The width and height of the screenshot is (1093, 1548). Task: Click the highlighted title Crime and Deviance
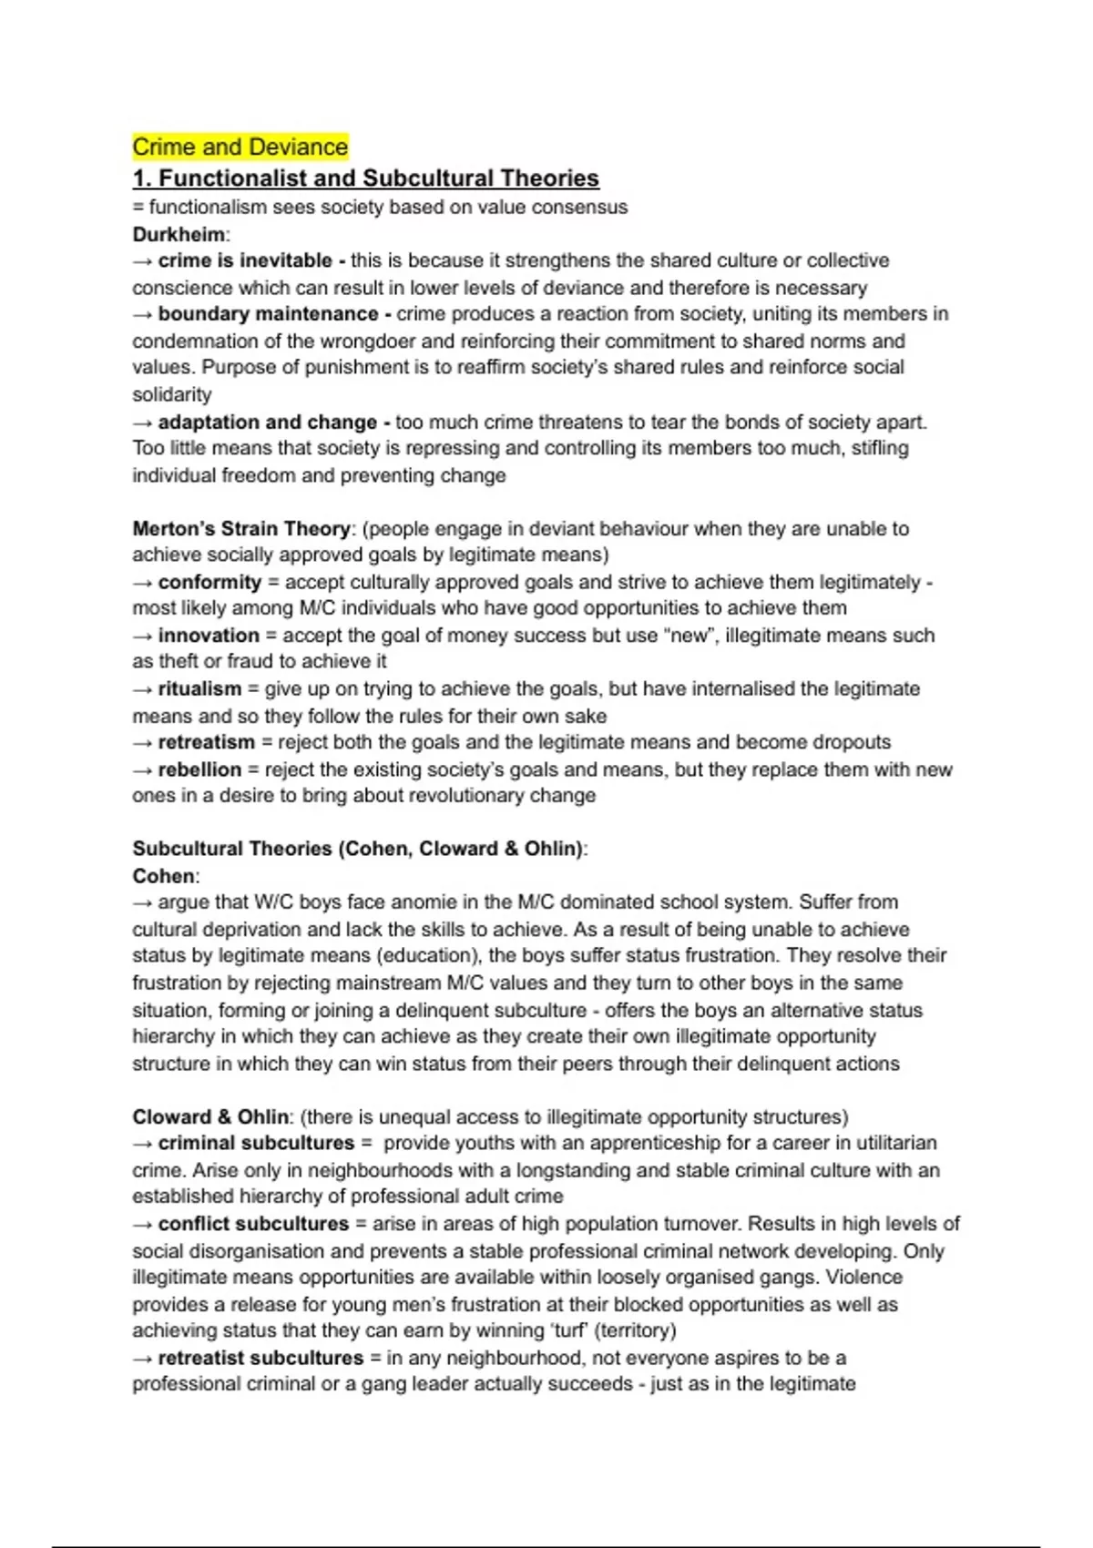pyautogui.click(x=240, y=147)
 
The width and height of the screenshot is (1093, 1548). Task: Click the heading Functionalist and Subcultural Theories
pyautogui.click(x=366, y=178)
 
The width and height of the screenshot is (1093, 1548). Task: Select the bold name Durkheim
pyautogui.click(x=179, y=234)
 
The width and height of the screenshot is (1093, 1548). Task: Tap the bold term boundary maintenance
pyautogui.click(x=268, y=314)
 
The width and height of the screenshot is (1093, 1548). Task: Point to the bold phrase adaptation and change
pyautogui.click(x=267, y=423)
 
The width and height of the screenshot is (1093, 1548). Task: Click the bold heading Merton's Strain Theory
pyautogui.click(x=241, y=529)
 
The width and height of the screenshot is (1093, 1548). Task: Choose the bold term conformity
pyautogui.click(x=209, y=582)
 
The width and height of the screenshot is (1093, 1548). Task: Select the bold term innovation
pyautogui.click(x=209, y=636)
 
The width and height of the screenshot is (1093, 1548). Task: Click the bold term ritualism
pyautogui.click(x=199, y=689)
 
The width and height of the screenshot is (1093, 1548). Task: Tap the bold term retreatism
pyautogui.click(x=206, y=742)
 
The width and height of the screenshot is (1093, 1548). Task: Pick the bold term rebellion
pyautogui.click(x=199, y=769)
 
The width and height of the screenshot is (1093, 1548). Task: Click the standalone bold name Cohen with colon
pyautogui.click(x=164, y=876)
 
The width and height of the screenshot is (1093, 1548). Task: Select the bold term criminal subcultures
pyautogui.click(x=256, y=1143)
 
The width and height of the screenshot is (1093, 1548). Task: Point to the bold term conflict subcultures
pyautogui.click(x=253, y=1224)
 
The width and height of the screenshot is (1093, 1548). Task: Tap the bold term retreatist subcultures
pyautogui.click(x=260, y=1358)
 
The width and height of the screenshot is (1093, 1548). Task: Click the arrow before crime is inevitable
pyautogui.click(x=143, y=261)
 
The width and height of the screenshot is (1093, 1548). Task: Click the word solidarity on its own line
pyautogui.click(x=172, y=395)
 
